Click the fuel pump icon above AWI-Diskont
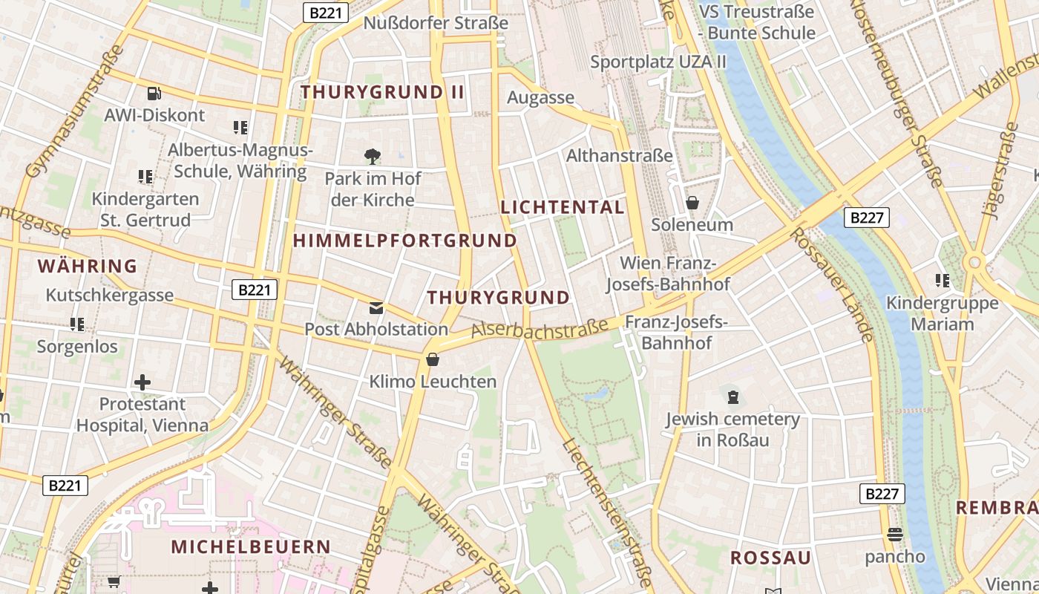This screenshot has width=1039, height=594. point(154,94)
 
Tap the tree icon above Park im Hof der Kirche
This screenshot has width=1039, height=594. point(373,156)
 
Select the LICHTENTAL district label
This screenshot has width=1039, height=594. point(563,207)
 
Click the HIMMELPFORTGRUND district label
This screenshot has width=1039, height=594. point(404,241)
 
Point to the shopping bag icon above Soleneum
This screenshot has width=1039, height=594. point(692,202)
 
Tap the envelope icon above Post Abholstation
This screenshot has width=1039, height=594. point(376,307)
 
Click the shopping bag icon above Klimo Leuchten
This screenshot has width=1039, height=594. point(433,360)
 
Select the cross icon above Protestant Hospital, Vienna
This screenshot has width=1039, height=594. point(142,382)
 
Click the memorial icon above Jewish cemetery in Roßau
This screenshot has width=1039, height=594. point(733,397)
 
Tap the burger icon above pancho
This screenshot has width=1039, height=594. point(894,535)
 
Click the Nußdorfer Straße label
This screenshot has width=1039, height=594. point(436,23)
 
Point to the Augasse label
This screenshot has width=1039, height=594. point(540,97)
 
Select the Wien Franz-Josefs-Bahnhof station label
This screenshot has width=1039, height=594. point(668,273)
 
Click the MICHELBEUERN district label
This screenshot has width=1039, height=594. point(251,546)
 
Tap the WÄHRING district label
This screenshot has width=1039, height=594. point(88,266)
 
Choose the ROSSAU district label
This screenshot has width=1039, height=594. point(770,558)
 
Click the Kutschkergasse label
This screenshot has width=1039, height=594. point(110,295)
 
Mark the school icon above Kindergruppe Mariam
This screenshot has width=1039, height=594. point(943,281)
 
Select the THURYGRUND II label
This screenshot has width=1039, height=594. point(382,92)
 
